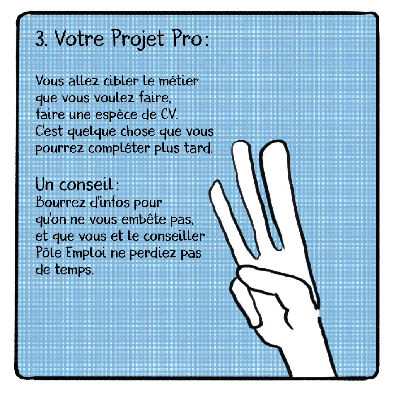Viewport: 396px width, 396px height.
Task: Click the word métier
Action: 179,81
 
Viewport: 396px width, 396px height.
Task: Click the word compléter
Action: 119,148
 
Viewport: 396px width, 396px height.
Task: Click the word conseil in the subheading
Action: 85,184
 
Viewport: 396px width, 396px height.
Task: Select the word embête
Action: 144,219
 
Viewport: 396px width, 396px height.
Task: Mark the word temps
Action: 74,270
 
